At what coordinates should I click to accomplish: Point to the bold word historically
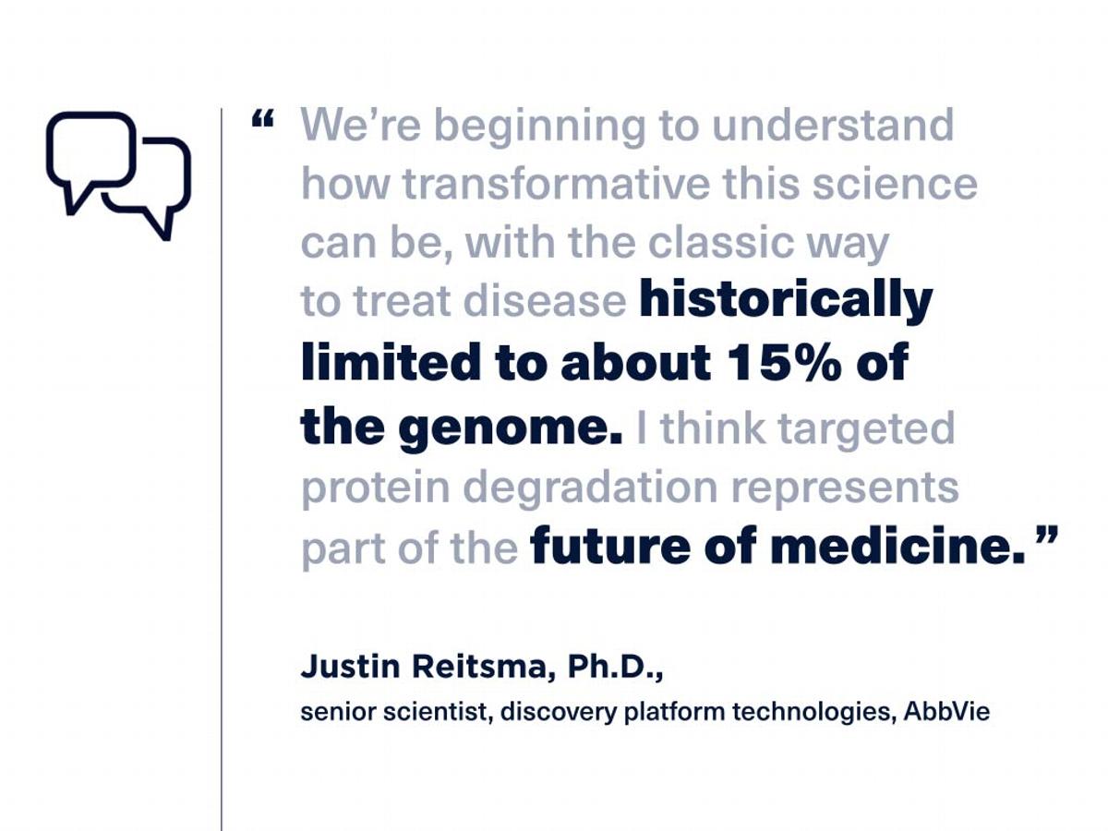click(786, 302)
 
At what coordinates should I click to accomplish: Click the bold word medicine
click(898, 547)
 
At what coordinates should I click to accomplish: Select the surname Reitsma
click(479, 667)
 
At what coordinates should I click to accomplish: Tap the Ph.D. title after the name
click(614, 667)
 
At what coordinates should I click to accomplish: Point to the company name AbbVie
click(946, 712)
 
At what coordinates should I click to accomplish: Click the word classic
click(720, 242)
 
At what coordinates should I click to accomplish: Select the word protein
click(376, 488)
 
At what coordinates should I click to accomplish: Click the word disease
click(545, 302)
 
